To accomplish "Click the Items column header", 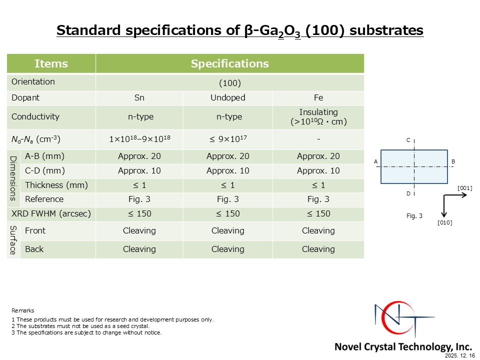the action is [x=51, y=63].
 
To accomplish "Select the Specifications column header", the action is [x=230, y=63].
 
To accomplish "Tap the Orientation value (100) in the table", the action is [x=230, y=83].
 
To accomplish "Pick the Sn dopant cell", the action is [x=139, y=97].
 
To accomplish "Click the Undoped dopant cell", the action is [x=228, y=97].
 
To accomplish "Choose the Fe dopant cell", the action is [x=318, y=97].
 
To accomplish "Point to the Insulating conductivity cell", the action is [x=318, y=117].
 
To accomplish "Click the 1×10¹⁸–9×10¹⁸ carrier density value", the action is [x=139, y=139].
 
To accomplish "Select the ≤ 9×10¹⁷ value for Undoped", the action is [x=228, y=139].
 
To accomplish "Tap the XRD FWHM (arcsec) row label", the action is [x=51, y=213].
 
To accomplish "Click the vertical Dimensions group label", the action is [x=13, y=178].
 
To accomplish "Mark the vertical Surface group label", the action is [x=13, y=240].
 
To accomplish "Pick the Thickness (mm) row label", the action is [x=56, y=185].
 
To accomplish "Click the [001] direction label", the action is [x=464, y=188].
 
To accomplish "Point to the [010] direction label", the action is [x=445, y=222].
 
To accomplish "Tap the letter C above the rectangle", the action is [x=408, y=140].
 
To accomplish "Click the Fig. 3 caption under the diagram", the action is [x=414, y=216].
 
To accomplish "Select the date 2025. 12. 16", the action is [x=460, y=355].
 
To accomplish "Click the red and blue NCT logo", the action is [x=404, y=319].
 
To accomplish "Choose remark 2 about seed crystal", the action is [x=80, y=326].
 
